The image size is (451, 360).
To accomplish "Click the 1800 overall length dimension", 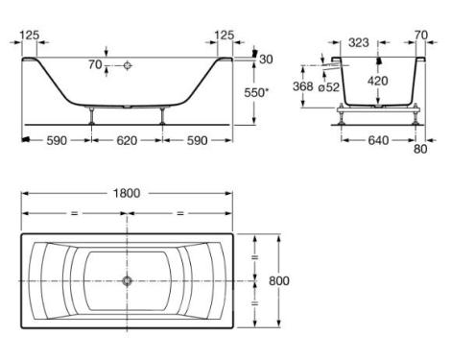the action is click(127, 193).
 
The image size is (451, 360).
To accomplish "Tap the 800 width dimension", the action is click(279, 280).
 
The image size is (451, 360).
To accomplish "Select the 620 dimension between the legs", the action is click(127, 140).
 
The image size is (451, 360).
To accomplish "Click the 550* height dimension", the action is click(256, 93).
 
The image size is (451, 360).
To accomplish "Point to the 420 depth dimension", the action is click(378, 81).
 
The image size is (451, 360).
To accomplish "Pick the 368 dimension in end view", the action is click(303, 86).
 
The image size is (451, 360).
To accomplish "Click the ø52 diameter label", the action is click(329, 87).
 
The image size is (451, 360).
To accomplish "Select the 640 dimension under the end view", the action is click(378, 140).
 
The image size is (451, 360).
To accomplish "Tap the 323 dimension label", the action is click(359, 42).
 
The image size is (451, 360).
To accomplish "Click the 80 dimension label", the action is click(420, 149).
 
